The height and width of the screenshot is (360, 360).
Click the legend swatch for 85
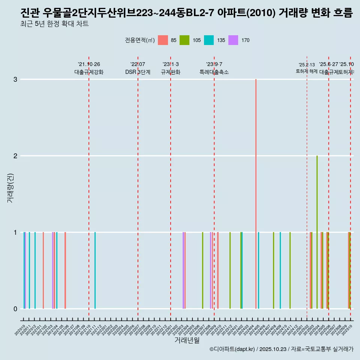coord(163,40)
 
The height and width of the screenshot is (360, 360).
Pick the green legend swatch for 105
coord(184,40)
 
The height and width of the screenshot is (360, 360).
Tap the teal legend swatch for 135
coord(209,40)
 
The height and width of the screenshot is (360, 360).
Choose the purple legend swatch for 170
coord(233,40)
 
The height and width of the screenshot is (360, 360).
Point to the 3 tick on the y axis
coord(15,79)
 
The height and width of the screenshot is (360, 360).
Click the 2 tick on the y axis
coord(15,156)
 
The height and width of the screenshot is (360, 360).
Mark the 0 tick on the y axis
coord(15,309)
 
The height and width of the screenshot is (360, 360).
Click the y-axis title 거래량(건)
coord(10,187)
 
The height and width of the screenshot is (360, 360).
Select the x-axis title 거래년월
coord(187,340)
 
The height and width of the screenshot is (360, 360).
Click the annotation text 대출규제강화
coord(89,72)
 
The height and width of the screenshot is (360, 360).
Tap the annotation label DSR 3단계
coord(138,72)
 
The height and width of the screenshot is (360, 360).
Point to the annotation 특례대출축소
coord(214,72)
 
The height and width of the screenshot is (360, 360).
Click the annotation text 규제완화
coord(171,72)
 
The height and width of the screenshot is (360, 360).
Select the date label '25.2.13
coord(307,65)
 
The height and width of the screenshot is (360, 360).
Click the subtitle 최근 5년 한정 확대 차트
coord(54,24)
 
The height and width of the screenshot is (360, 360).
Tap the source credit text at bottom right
coord(281,349)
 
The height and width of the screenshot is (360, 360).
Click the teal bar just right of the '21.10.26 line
coord(95,270)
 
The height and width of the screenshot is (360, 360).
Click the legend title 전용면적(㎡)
coord(139,40)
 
